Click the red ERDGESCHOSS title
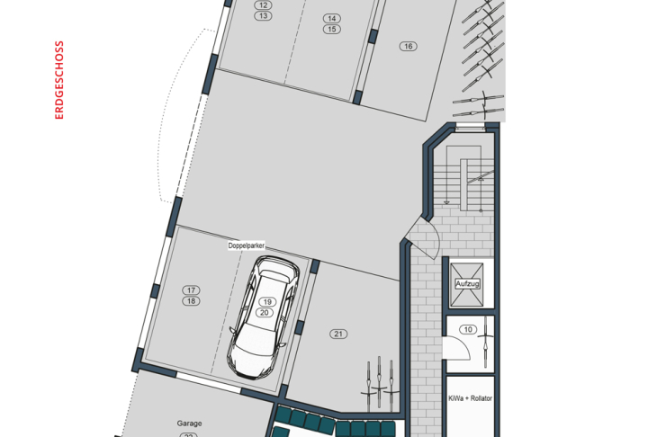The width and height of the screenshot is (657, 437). tap(59, 80)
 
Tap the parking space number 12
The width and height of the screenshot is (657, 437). tap(263, 5)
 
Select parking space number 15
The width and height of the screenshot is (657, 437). tap(332, 30)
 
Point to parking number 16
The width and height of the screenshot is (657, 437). tap(409, 46)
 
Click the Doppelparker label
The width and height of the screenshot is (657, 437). tap(247, 245)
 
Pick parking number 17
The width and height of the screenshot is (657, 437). tap(191, 290)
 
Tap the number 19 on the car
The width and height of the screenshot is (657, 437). tap(267, 301)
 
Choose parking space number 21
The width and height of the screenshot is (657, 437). tap(338, 334)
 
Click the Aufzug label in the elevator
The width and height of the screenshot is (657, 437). tap(467, 284)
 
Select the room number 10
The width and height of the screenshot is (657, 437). tap(468, 329)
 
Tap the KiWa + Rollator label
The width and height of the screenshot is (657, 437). tap(470, 398)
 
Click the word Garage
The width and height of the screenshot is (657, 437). tap(189, 424)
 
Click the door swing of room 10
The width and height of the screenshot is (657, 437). tap(457, 348)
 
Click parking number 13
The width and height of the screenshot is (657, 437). tap(263, 16)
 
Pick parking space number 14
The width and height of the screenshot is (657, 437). tap(332, 18)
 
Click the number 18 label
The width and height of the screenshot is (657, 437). tap(191, 301)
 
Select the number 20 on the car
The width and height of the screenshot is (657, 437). tap(265, 312)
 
